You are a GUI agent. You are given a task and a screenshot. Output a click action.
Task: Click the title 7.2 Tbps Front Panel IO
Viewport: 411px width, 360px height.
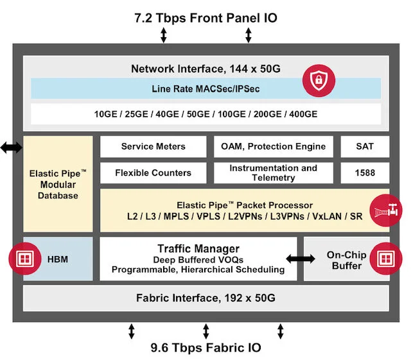205,17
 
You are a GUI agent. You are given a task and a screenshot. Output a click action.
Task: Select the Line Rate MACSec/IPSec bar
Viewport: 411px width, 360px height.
205,89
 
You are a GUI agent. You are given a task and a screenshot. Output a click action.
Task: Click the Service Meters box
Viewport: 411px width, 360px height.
153,146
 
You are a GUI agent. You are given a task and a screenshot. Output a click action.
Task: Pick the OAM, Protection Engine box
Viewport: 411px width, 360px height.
274,146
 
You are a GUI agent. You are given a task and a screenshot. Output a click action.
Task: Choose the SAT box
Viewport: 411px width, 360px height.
365,146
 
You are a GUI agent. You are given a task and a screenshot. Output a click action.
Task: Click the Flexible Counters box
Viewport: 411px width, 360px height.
153,173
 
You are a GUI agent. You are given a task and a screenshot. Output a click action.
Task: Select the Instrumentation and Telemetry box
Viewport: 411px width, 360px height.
274,173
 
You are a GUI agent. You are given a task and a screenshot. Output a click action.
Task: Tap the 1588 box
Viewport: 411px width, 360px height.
365,173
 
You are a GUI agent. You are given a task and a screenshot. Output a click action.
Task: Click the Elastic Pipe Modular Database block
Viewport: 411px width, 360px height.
58,184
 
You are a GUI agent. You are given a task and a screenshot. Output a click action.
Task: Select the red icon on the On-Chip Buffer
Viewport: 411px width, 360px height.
385,259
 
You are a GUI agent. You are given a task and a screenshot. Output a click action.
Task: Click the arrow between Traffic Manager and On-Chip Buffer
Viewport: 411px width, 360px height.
301,259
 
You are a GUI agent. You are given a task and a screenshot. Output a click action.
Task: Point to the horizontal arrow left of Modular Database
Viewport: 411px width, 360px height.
11,148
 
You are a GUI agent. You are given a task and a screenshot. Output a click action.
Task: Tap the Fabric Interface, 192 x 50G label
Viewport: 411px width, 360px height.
205,298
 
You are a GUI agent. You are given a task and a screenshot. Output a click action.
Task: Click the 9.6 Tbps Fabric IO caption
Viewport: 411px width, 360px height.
205,347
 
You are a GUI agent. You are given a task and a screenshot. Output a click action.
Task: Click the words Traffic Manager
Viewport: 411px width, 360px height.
198,248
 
